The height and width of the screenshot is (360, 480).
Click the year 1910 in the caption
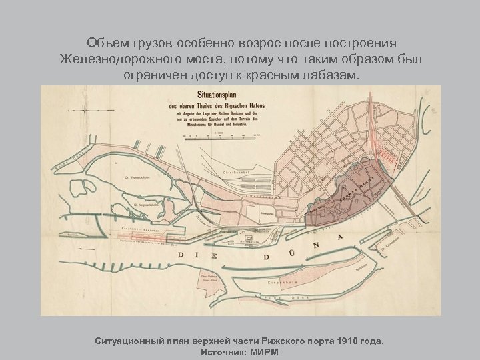coord(357,340)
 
